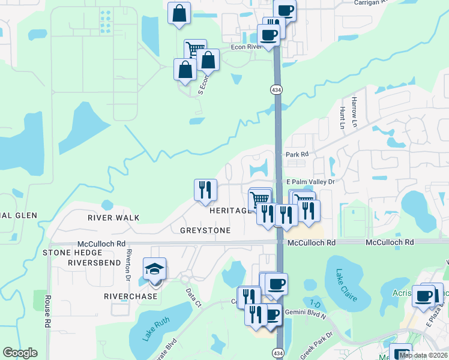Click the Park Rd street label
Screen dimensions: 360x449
click(x=297, y=154)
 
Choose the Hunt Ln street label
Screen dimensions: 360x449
click(x=342, y=118)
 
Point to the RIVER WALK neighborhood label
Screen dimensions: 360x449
click(x=113, y=218)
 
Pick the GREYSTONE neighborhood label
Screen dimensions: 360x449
click(x=205, y=230)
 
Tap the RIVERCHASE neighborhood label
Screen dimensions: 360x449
click(x=130, y=296)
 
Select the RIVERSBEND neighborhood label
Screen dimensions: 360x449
click(x=95, y=263)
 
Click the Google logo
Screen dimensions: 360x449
click(x=20, y=353)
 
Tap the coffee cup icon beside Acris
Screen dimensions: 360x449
click(x=424, y=296)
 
